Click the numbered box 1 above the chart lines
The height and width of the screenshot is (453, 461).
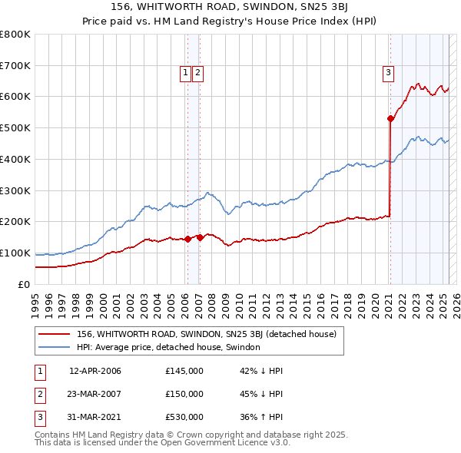[x=186, y=73]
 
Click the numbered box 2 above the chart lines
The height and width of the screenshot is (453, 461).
[x=197, y=73]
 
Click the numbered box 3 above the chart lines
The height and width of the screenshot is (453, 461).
[x=389, y=73]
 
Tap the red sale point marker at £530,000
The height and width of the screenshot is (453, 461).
[x=390, y=118]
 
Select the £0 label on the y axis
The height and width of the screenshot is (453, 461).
[x=24, y=284]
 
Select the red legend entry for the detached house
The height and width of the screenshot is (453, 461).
[x=206, y=335]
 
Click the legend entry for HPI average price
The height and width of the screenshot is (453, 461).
[x=168, y=347]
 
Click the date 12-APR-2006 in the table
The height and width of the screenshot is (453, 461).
[x=95, y=371]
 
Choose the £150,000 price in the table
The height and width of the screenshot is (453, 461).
[x=184, y=394]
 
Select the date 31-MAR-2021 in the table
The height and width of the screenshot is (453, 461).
[x=95, y=417]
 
